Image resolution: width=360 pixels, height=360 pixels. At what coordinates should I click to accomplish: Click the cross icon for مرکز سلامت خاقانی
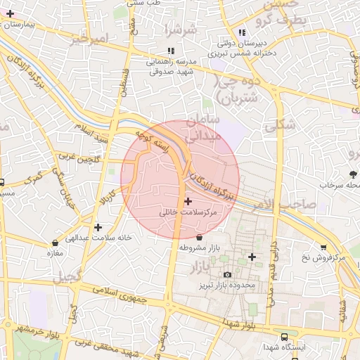(x=188, y=202)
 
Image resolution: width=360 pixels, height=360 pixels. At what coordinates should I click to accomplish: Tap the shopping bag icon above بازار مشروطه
(x=200, y=238)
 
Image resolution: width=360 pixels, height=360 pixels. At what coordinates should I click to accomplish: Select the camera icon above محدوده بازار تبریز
(x=226, y=274)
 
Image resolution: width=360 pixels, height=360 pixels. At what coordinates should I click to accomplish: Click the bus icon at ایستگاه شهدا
(x=283, y=336)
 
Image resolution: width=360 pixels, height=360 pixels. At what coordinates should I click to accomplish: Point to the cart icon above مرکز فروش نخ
(x=323, y=247)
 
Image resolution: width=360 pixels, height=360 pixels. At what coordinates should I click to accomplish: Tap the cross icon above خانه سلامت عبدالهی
(x=98, y=227)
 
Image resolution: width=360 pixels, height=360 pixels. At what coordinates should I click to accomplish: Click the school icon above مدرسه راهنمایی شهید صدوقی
(x=170, y=51)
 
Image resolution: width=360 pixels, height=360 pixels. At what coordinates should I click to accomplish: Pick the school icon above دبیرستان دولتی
(x=243, y=32)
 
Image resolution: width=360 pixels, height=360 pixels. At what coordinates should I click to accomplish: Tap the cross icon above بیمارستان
(x=10, y=13)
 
